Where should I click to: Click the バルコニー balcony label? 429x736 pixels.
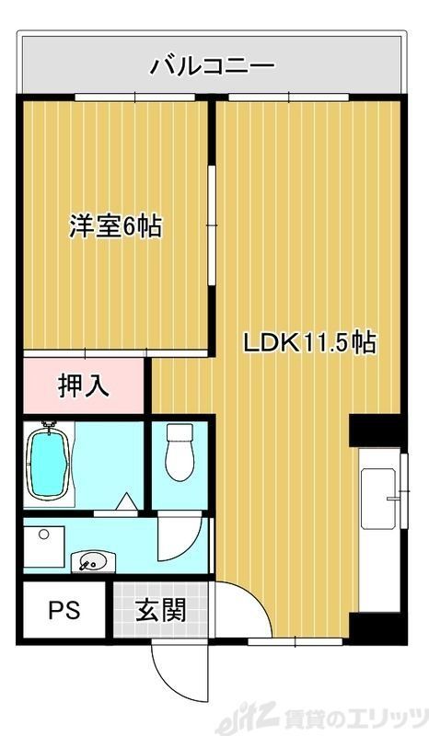click(x=213, y=65)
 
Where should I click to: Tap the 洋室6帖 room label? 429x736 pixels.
click(x=114, y=225)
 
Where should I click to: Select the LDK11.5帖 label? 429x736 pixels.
click(x=307, y=343)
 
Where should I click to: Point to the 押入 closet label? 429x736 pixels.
click(x=84, y=385)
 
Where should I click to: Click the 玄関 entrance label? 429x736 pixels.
click(x=162, y=611)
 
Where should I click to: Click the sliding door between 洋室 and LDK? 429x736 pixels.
click(x=211, y=225)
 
